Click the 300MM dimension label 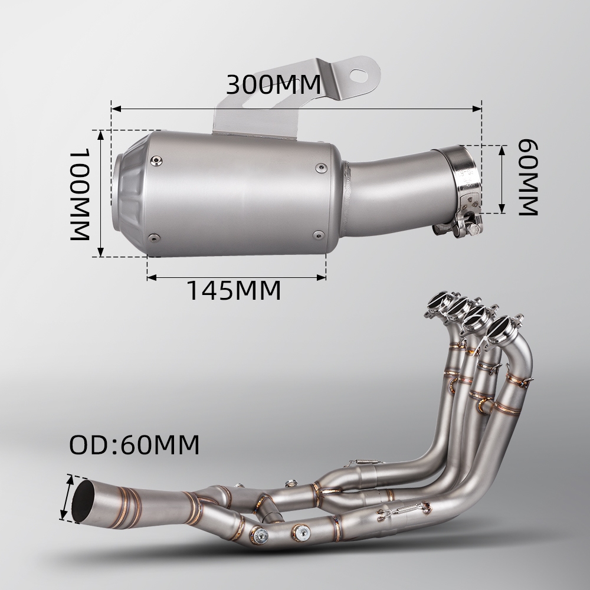274,84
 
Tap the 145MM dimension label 234,290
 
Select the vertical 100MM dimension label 80,194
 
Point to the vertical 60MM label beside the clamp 528,177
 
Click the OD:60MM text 135,445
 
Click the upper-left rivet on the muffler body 156,161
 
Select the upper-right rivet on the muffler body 321,168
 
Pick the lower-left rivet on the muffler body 154,238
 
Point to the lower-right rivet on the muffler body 319,235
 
